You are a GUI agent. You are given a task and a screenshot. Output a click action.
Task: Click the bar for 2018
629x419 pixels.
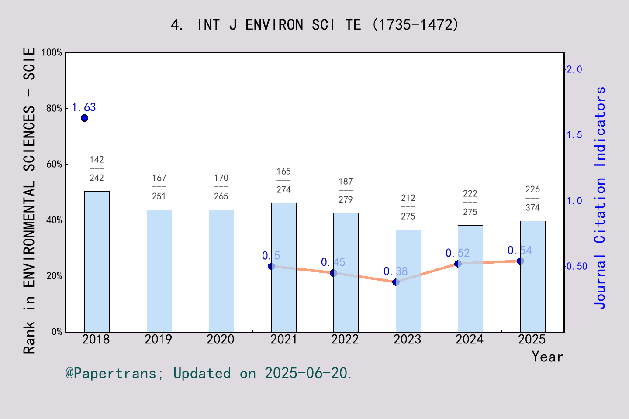coord(97,261)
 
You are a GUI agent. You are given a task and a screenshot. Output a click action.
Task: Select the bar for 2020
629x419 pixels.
coord(221,271)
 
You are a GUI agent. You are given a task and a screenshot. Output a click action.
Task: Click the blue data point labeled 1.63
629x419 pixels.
coord(85,118)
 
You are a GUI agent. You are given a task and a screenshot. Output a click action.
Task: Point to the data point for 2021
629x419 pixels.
coord(271,266)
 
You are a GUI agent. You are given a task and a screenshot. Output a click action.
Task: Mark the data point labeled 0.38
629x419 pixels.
coord(396,282)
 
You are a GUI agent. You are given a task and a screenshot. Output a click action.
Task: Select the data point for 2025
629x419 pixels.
coord(520,261)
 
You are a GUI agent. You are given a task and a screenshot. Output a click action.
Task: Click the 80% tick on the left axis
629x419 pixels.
coord(54,109)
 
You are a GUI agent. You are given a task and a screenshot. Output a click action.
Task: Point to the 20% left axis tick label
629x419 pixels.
coord(54,276)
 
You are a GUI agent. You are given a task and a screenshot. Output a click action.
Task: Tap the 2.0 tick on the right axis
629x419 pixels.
coord(574,69)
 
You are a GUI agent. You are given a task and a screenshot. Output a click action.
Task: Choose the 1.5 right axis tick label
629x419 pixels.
coord(574,135)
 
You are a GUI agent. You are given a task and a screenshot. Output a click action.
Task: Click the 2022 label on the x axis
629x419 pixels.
coord(345,340)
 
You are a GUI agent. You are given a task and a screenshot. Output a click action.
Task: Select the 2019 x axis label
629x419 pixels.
coord(159,340)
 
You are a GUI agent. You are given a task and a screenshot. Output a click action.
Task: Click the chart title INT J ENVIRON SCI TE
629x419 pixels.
coord(314,25)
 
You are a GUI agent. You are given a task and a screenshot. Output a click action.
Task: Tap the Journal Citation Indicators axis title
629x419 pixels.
coord(600,198)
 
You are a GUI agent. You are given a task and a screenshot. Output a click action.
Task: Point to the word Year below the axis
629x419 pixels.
coord(547,357)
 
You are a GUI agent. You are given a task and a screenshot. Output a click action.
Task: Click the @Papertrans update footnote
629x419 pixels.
coord(209,373)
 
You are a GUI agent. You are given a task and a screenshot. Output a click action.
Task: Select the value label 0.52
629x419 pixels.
coord(457,253)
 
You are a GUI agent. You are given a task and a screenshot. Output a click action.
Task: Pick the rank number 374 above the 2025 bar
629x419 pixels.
coord(532,208)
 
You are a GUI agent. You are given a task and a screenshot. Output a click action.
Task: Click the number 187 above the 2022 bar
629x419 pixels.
coord(346,182)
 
